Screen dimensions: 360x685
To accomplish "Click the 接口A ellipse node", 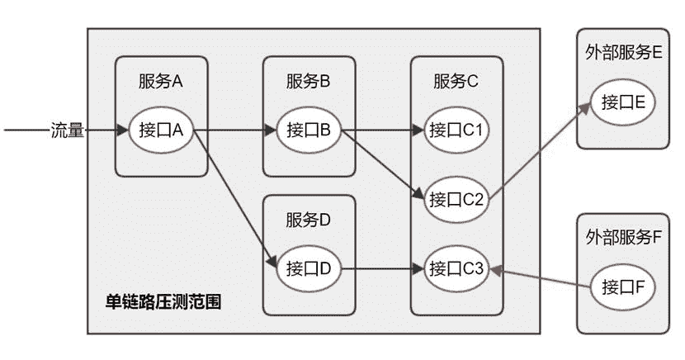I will [x=160, y=130].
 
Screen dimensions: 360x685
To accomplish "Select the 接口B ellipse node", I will [x=309, y=130].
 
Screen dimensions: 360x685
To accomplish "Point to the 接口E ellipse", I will [x=622, y=102].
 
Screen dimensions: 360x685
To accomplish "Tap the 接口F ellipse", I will [x=622, y=287].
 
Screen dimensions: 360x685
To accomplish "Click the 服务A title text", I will [x=160, y=81].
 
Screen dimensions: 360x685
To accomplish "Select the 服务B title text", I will [x=309, y=81].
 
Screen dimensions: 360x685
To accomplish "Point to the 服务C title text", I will [x=456, y=81].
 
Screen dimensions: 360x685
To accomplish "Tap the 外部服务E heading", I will [x=623, y=52].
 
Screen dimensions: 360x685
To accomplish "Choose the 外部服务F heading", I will [x=623, y=238].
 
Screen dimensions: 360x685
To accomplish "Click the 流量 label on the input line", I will [x=68, y=130].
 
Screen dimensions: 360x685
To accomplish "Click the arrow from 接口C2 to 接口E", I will [x=541, y=149].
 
